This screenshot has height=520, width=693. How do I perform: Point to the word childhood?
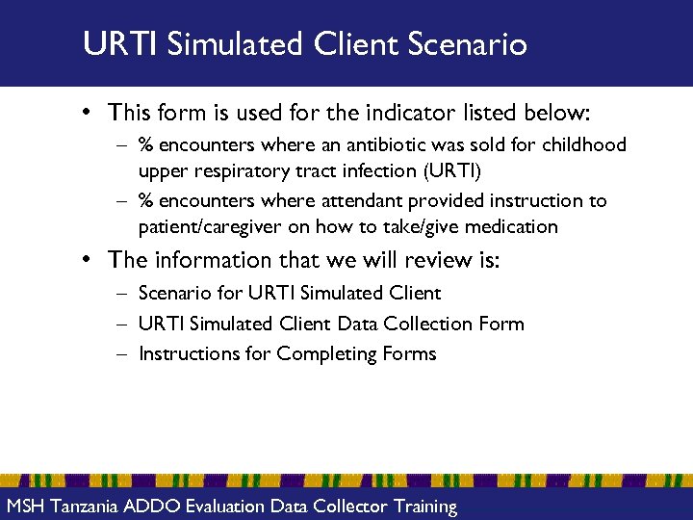click(x=580, y=145)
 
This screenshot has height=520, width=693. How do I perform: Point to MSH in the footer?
click(x=25, y=506)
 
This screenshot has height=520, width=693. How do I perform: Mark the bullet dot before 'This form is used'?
click(x=87, y=113)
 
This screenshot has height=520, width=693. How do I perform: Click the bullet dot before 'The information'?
click(x=87, y=260)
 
